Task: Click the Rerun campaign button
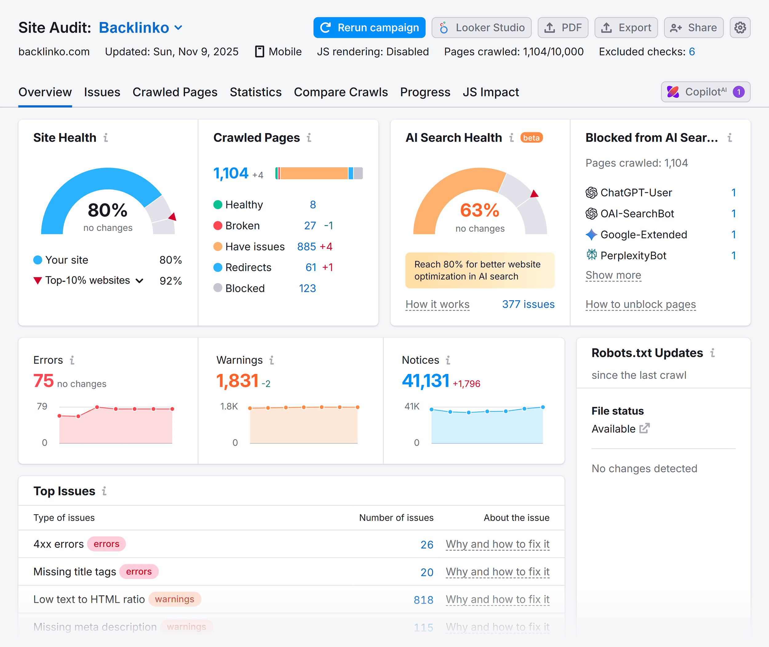coord(369,27)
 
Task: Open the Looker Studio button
coord(481,27)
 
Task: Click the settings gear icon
coord(740,27)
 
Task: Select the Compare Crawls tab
coord(341,92)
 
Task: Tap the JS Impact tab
coord(491,92)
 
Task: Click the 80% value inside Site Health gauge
coord(107,210)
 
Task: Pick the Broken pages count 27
coord(310,226)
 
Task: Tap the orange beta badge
coord(531,138)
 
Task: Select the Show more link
coord(613,275)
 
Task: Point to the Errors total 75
coord(43,381)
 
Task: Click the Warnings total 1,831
coord(237,381)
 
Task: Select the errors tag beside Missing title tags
coord(139,571)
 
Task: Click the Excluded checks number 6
coord(691,52)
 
